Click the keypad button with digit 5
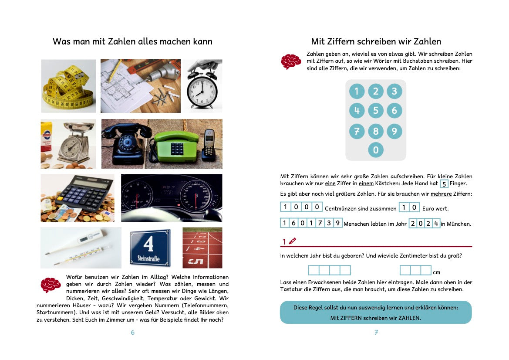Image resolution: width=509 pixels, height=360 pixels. [375, 110]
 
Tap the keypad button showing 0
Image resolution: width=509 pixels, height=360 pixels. [375, 150]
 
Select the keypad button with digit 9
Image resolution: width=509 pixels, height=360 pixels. [394, 131]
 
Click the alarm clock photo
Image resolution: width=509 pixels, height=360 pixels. [202, 86]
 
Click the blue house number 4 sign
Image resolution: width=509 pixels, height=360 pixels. [150, 247]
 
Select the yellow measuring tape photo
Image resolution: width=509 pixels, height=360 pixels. [68, 86]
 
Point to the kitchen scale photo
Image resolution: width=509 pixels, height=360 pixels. [68, 144]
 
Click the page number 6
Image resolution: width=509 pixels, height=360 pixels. [132, 333]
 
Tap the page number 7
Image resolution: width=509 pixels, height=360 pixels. [376, 333]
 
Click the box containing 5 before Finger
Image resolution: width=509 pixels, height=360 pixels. [444, 184]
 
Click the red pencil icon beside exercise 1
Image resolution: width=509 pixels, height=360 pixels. [292, 241]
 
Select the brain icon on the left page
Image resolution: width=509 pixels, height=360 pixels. [51, 285]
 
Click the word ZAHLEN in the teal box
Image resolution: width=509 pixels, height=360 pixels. [409, 318]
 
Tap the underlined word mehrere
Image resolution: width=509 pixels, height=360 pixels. [441, 194]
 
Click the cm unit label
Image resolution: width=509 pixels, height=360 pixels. [436, 272]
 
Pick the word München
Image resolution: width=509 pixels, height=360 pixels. [458, 224]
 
